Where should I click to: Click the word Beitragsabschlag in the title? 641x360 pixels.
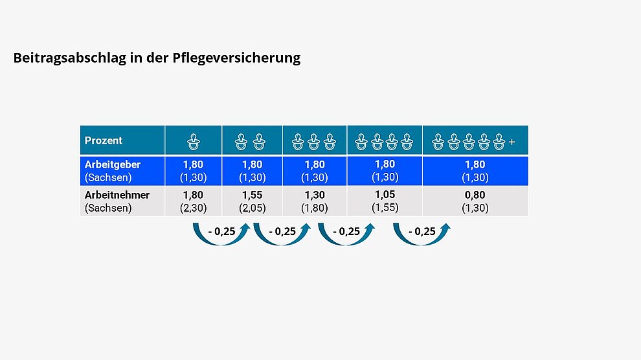point(62,58)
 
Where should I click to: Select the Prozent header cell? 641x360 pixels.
point(104,141)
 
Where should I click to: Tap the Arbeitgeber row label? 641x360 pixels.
point(113,164)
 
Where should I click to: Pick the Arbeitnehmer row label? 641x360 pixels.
point(117,195)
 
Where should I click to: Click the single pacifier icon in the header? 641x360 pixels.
point(193,141)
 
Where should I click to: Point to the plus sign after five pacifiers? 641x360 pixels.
point(512,141)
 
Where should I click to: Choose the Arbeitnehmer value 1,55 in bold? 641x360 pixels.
point(252,195)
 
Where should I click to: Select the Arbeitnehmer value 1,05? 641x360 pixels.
point(385,194)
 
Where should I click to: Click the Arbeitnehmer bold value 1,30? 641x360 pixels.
point(315,195)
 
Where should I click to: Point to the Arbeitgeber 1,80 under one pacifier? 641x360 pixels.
point(193,164)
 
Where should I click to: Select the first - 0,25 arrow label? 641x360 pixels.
point(221,232)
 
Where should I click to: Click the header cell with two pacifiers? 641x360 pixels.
point(252,141)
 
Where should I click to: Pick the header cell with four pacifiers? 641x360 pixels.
point(385,140)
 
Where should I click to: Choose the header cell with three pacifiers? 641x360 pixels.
point(315,141)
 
